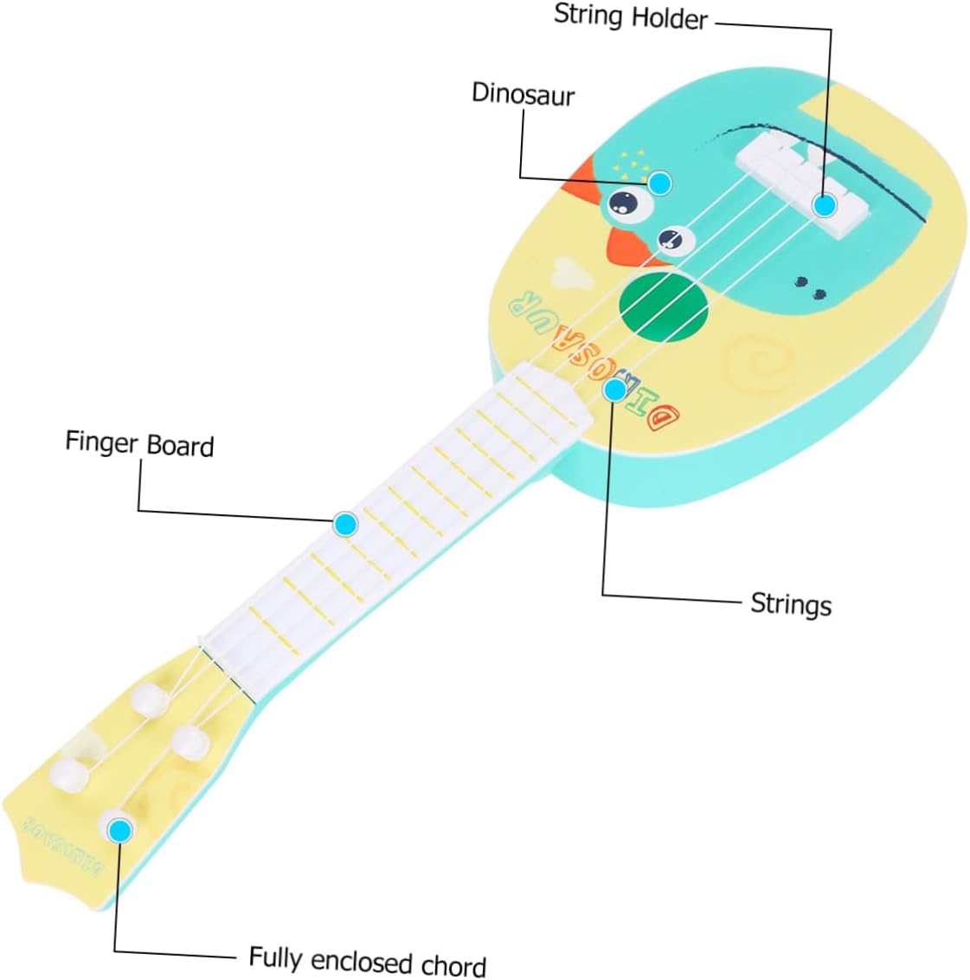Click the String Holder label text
(631, 16)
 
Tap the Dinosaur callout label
(523, 93)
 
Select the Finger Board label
(139, 443)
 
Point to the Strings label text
(790, 603)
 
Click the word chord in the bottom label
(453, 964)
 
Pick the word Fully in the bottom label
(275, 957)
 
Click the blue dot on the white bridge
(825, 205)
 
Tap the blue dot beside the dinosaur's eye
(660, 183)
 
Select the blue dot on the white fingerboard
(345, 523)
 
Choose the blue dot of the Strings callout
(614, 390)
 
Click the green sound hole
(664, 308)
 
